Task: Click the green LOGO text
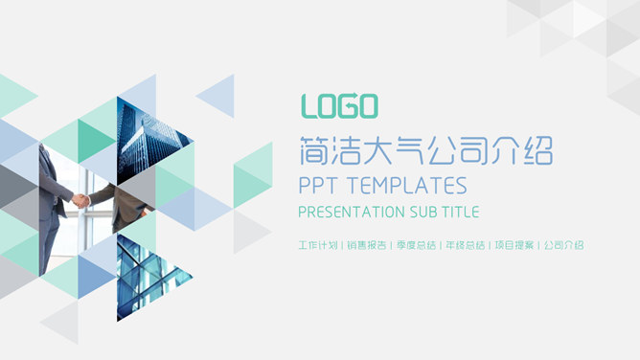tap(339, 105)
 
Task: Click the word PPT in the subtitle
tap(318, 185)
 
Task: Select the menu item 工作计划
tap(318, 245)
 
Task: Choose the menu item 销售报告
tap(366, 245)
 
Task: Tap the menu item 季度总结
tap(415, 245)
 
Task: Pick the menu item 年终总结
tap(464, 245)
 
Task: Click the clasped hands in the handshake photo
tap(82, 200)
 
